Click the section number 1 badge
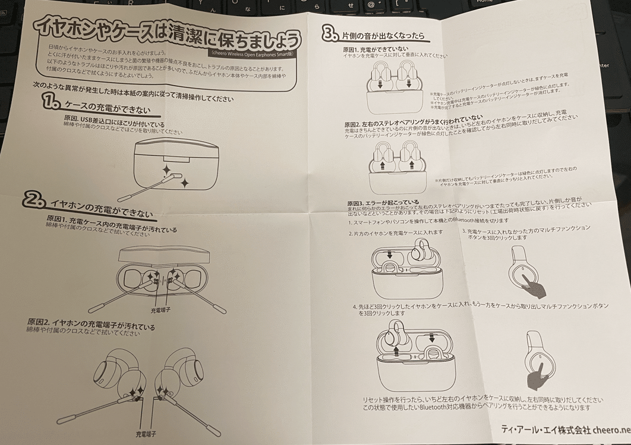coord(51,102)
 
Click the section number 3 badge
coord(330,35)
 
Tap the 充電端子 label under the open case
coord(162,310)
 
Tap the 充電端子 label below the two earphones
coord(146,434)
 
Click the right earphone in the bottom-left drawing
coord(178,375)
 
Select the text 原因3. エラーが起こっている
coord(383,203)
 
